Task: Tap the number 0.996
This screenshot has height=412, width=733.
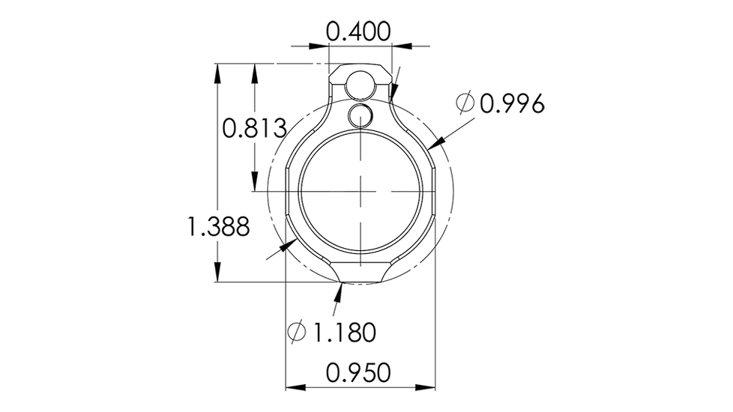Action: coord(511,103)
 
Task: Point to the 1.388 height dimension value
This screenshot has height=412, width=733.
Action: coord(218,226)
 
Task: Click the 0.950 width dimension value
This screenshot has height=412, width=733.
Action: coord(359,372)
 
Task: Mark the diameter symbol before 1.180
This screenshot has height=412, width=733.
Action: coord(297,331)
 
